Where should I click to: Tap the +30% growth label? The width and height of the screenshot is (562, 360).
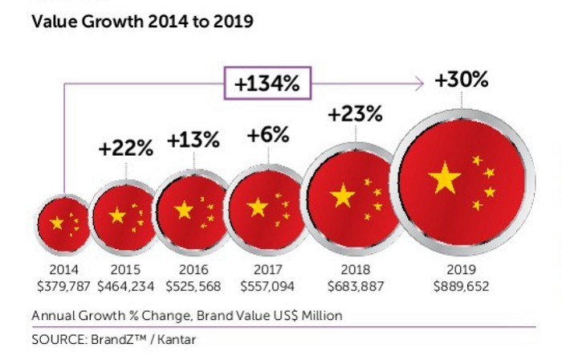pyautogui.click(x=462, y=80)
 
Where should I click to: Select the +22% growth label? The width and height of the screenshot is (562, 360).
pyautogui.click(x=125, y=149)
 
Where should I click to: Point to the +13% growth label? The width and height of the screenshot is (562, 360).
pyautogui.click(x=193, y=140)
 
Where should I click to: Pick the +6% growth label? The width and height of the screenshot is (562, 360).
pyautogui.click(x=268, y=135)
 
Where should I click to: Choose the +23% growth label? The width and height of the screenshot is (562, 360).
pyautogui.click(x=354, y=113)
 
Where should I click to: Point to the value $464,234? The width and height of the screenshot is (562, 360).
pyautogui.click(x=127, y=285)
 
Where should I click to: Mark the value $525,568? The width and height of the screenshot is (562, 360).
pyautogui.click(x=193, y=285)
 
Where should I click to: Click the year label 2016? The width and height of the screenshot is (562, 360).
pyautogui.click(x=193, y=271)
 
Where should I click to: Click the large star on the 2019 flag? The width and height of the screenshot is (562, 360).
pyautogui.click(x=444, y=178)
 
